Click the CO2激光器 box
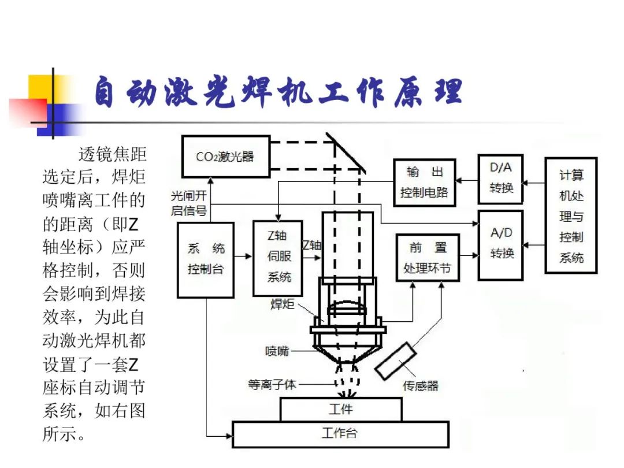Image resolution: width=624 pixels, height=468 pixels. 225,156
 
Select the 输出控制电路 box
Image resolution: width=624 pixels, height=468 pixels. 424,183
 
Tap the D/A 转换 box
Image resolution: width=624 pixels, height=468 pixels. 500,179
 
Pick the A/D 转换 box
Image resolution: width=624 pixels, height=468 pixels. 500,244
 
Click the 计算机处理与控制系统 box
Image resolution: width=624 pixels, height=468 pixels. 571,215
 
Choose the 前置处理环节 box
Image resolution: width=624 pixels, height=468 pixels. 427,258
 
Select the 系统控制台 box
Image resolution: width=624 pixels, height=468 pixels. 205,260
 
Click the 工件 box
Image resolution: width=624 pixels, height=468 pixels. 341,410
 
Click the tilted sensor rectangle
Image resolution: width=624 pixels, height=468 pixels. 395,361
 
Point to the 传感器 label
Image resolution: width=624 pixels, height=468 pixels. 420,386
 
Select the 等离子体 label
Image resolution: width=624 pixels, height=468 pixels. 272,384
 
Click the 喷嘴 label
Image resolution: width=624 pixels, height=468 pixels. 277,351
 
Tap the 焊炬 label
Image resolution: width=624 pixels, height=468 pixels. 283,304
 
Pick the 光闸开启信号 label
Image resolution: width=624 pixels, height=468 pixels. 188,203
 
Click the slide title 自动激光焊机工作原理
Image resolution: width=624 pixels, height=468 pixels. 277,92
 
